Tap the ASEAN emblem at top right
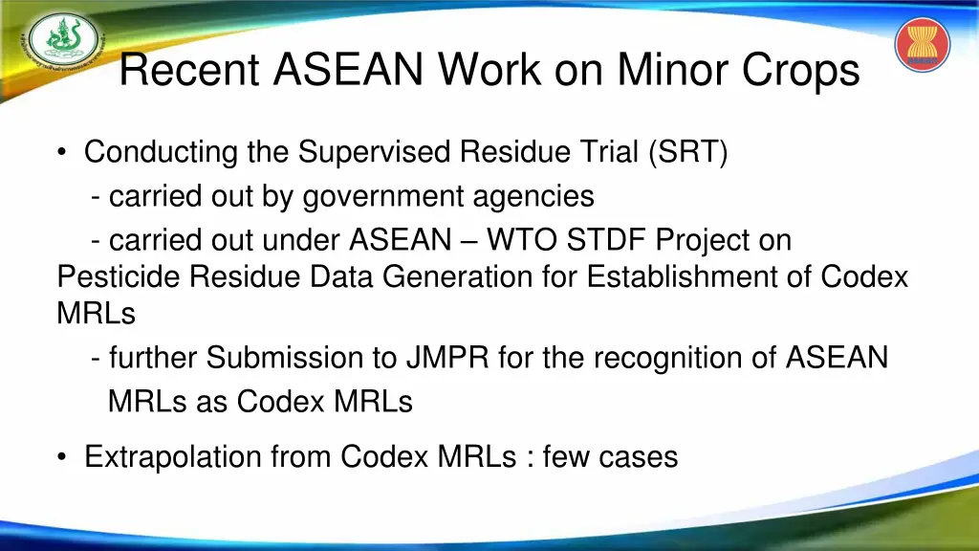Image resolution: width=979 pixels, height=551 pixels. [922, 45]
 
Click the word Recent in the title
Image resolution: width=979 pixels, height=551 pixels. [190, 70]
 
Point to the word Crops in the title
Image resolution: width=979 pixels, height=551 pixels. [805, 70]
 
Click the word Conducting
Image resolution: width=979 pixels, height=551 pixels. [161, 152]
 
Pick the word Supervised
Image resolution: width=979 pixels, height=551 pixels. [376, 152]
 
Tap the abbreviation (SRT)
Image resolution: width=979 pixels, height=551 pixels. [687, 152]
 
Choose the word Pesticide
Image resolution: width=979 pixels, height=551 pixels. [120, 276]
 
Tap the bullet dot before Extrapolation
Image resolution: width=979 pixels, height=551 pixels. [62, 457]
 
